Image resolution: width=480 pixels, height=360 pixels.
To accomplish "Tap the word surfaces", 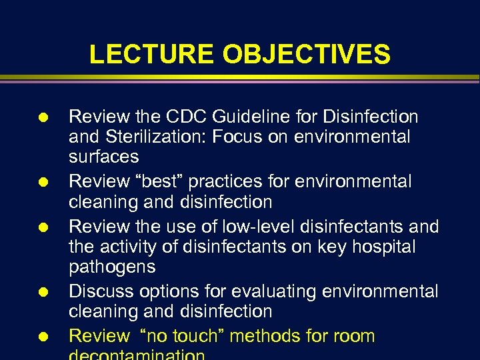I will point(104,157).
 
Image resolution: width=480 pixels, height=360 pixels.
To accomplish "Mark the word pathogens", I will point(112,267).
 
